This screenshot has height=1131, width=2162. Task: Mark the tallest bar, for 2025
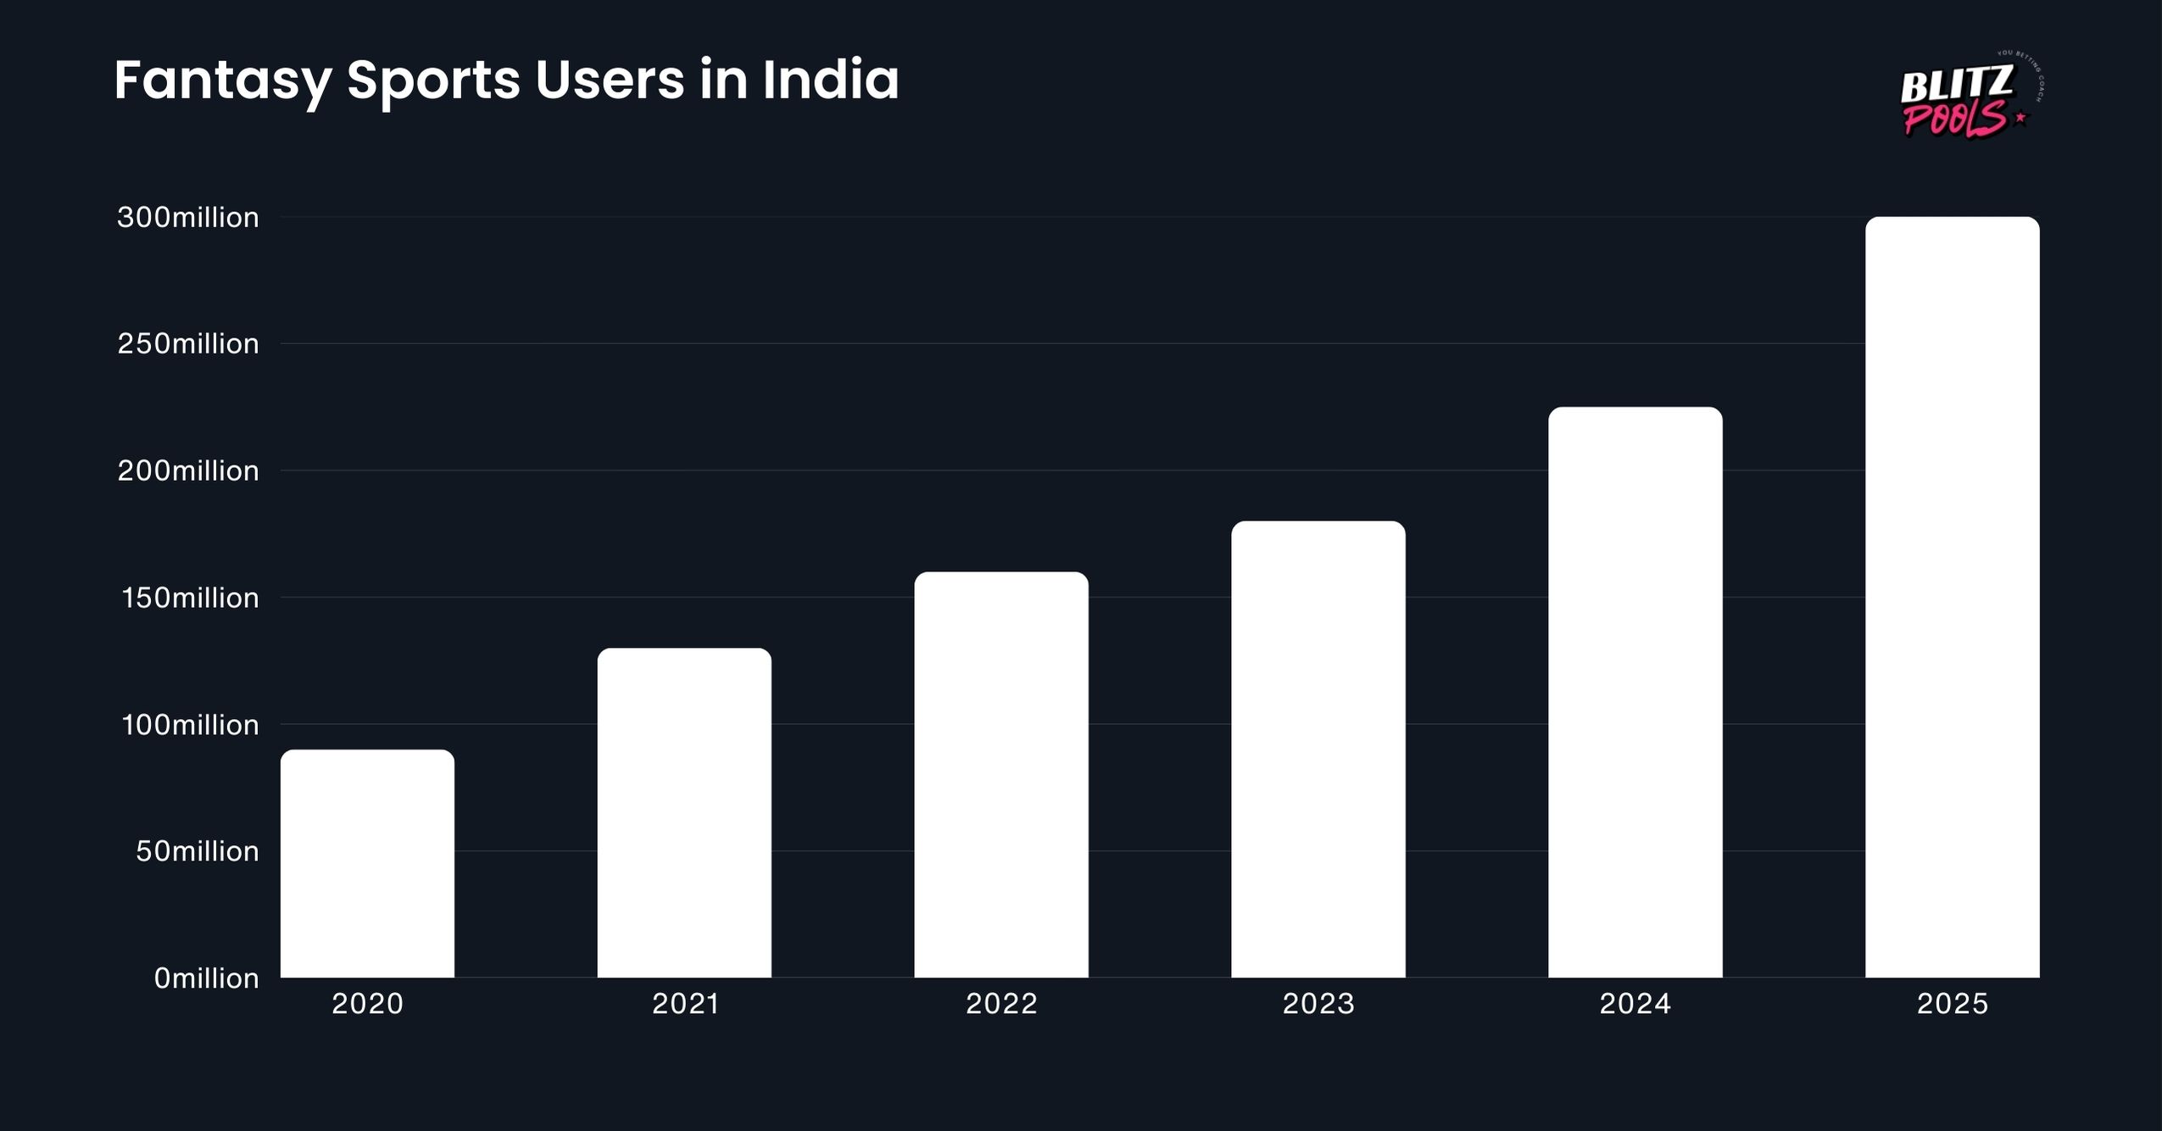coord(1953,597)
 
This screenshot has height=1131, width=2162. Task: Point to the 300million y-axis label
coord(188,218)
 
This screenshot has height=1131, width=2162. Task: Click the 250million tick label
coord(188,344)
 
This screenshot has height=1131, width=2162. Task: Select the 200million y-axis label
coord(188,471)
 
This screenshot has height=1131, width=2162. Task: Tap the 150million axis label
coord(190,599)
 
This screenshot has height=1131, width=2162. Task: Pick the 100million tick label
coord(190,725)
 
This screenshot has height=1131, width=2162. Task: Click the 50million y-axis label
coord(198,851)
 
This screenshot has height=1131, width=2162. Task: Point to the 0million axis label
coord(206,978)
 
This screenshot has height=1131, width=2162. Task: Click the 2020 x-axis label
coord(367,1004)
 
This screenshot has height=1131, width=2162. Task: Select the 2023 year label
coord(1318,1004)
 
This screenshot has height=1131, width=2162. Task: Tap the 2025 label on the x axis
coord(1953,1004)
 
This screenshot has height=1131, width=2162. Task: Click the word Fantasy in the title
coord(222,81)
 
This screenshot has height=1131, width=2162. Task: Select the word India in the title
coord(830,80)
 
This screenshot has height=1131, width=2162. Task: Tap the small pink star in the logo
coord(2021,118)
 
